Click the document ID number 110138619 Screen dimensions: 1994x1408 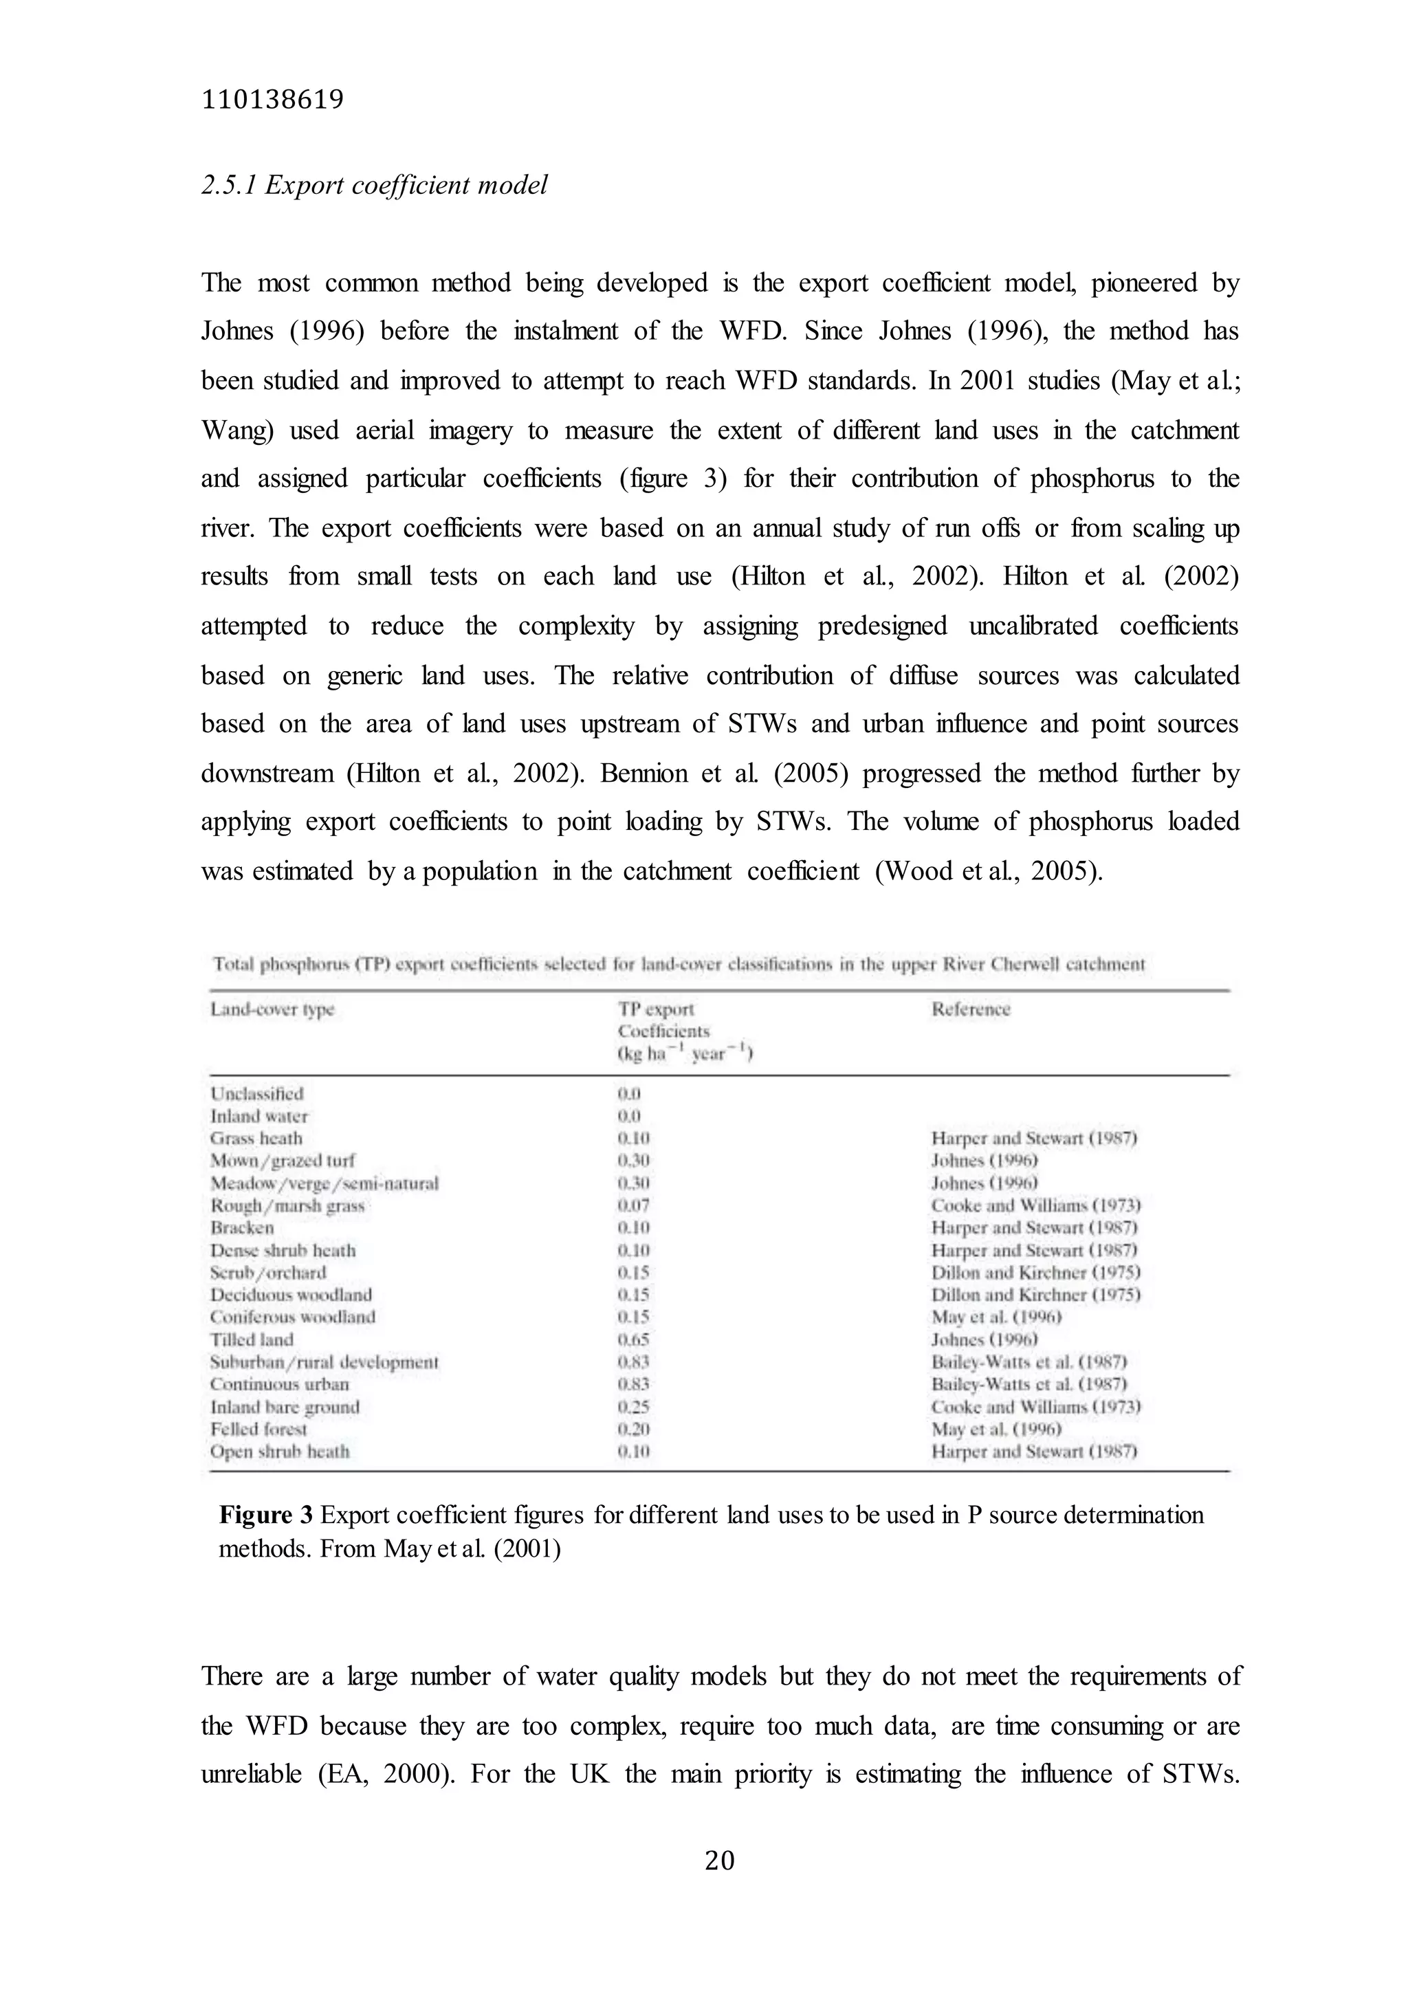(272, 101)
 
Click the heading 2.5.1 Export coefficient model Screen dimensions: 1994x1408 (375, 185)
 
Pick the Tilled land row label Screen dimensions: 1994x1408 (252, 1339)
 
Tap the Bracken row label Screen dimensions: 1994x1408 (241, 1228)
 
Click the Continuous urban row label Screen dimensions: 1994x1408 (279, 1384)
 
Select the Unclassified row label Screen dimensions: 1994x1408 (257, 1093)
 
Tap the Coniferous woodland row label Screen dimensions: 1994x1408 (293, 1317)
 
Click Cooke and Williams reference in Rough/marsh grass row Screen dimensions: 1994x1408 (1035, 1205)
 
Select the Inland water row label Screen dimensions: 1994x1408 (258, 1116)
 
